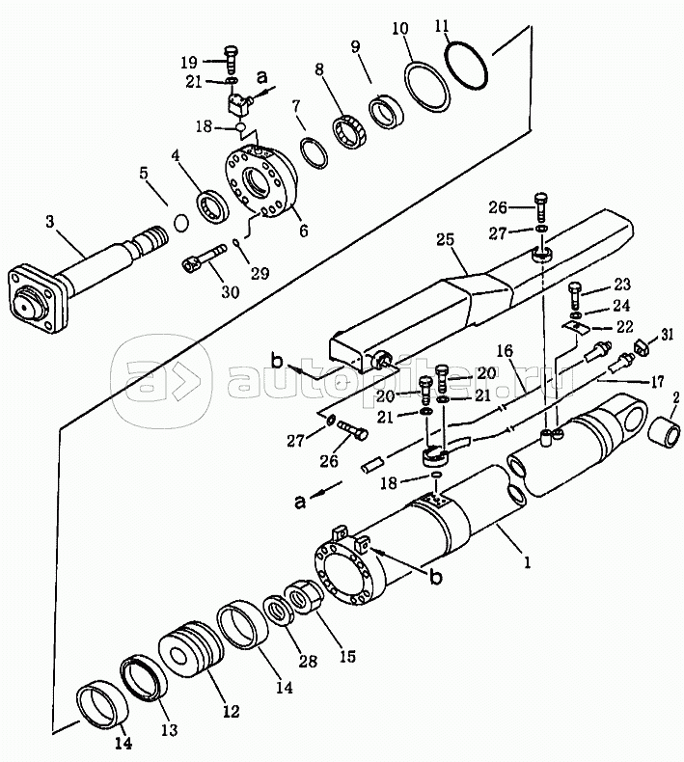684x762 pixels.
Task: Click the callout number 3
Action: pos(50,222)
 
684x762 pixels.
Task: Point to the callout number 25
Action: pos(446,239)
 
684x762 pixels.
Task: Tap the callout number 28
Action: pos(308,661)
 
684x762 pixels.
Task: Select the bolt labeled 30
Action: pos(205,258)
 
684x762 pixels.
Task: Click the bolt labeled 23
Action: pos(574,295)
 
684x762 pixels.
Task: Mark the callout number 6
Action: pos(304,230)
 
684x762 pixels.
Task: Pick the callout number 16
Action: pos(506,351)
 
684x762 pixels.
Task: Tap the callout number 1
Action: pos(527,562)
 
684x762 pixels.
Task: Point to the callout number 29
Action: pos(260,273)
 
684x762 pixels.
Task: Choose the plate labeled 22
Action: pos(576,328)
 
